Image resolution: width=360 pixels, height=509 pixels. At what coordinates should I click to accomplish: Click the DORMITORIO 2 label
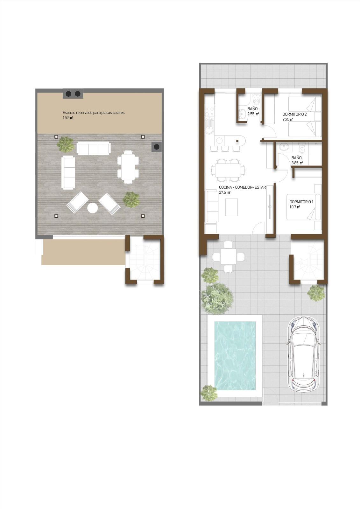[294, 114]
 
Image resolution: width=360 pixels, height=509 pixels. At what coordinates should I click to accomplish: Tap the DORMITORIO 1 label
[301, 202]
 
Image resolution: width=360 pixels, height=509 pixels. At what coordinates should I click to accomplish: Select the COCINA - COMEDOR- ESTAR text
[243, 187]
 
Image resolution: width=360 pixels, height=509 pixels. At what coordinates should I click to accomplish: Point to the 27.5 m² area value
[225, 192]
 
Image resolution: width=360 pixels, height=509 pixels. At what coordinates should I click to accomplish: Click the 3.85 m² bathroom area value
[297, 163]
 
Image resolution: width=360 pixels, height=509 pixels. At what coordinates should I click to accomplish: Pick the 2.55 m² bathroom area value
[253, 114]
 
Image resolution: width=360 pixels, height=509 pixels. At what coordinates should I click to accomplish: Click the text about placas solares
[94, 113]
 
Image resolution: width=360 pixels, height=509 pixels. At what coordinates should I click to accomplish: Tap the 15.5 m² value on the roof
[67, 118]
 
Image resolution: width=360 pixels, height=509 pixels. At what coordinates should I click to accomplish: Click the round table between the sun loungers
[93, 208]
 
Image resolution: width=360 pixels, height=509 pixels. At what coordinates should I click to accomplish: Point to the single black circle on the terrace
[157, 147]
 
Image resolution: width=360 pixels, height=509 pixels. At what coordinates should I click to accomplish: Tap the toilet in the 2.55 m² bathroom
[256, 99]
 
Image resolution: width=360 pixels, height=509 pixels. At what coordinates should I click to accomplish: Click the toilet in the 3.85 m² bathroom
[302, 148]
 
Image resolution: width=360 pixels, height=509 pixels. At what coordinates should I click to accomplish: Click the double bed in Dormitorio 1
[303, 207]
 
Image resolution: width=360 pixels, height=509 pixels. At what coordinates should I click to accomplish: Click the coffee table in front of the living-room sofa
[231, 207]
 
